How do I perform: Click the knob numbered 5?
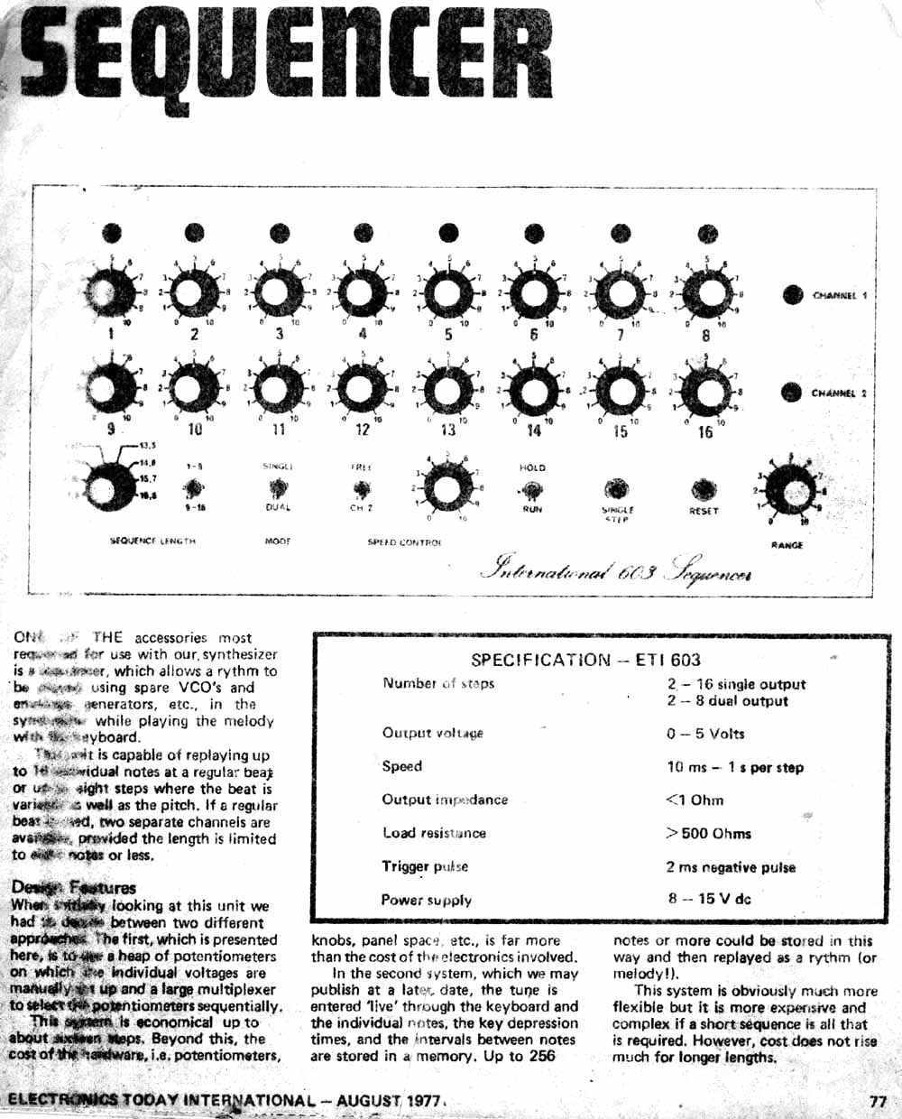point(447,293)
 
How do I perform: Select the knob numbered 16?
point(705,391)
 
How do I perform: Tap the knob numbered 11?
point(278,390)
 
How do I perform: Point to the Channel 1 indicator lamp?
point(792,295)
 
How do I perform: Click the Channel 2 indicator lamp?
point(791,392)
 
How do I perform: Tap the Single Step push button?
point(617,488)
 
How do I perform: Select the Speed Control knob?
point(446,490)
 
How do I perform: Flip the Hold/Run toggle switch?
point(532,490)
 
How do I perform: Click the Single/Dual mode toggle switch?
point(278,489)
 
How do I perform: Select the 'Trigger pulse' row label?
point(425,866)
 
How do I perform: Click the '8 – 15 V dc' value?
point(709,899)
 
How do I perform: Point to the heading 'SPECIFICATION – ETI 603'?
point(585,660)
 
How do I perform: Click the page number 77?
point(878,1101)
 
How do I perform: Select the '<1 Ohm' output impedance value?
point(694,800)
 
